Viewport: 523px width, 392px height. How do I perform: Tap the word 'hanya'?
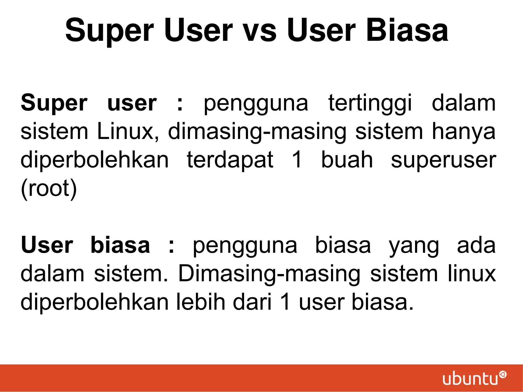tap(463, 132)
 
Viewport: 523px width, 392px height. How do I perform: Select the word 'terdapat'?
tap(230, 160)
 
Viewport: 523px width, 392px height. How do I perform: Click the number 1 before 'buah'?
tap(297, 160)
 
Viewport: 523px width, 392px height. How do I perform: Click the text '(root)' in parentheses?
tap(49, 188)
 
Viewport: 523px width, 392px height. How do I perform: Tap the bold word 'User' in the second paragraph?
tap(47, 245)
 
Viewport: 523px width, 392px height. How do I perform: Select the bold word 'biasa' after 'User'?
tap(120, 245)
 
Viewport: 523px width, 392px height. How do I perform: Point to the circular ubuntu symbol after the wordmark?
tap(503, 375)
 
